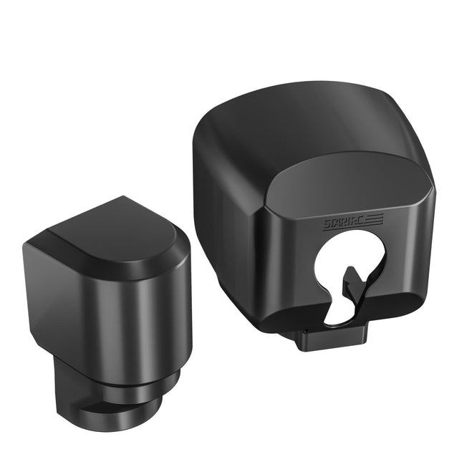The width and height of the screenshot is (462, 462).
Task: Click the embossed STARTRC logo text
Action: [x=342, y=223]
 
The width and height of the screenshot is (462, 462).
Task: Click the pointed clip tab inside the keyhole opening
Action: [x=352, y=281]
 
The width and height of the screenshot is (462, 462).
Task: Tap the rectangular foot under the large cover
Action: [x=333, y=337]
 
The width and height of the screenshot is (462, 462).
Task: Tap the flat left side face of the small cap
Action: [x=61, y=301]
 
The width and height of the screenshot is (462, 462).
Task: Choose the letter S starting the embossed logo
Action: [x=327, y=225]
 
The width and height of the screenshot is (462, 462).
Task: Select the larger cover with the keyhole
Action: [x=315, y=208]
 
